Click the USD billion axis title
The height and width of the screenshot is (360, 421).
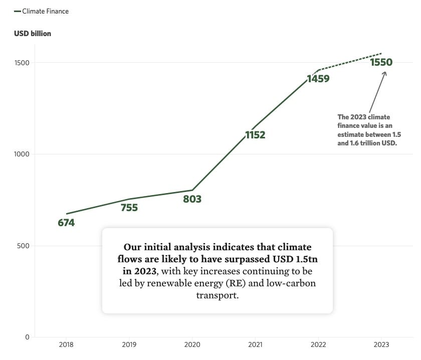click(33, 34)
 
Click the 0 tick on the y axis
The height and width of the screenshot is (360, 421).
click(27, 337)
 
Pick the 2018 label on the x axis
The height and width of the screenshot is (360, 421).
click(66, 345)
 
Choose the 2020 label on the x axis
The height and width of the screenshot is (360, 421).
click(192, 345)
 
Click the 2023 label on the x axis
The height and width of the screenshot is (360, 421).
click(381, 345)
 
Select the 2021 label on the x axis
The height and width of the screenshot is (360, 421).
click(255, 345)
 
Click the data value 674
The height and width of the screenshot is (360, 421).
click(66, 223)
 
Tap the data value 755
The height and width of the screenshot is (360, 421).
click(129, 208)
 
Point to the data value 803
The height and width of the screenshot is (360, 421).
click(192, 199)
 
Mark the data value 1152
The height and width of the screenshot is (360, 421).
click(255, 135)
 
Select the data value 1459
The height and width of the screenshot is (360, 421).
click(318, 79)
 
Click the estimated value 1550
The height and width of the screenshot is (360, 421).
click(381, 63)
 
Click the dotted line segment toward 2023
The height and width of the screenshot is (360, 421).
click(351, 61)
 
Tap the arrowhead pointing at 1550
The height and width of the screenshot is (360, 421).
click(384, 74)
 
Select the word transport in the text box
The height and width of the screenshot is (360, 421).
click(217, 296)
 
